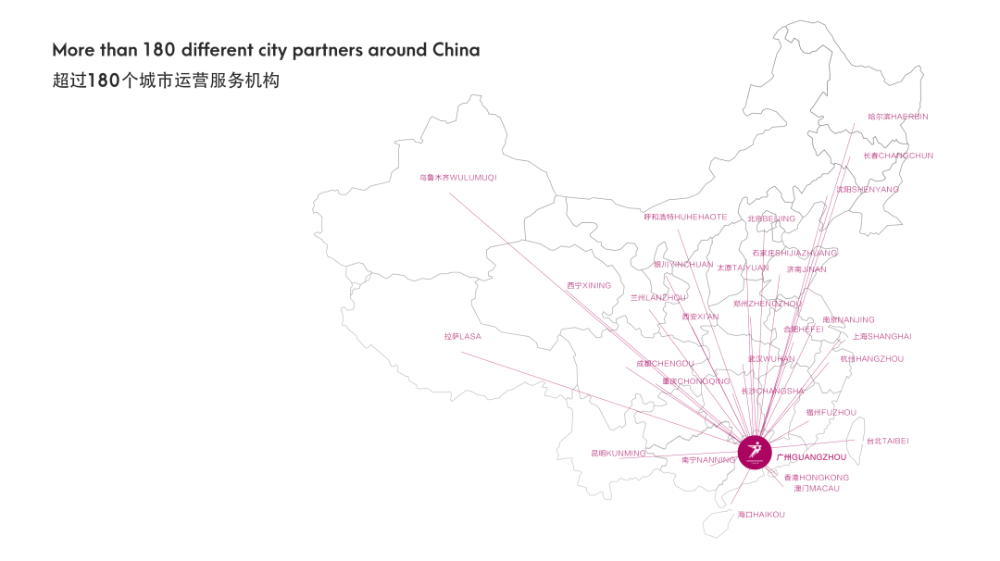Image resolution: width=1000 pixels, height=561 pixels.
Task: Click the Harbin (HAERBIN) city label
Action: pos(897,117)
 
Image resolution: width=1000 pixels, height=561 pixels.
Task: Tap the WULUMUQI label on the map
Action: pos(457,177)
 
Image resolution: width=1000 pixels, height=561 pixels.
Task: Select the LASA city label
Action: pos(462,337)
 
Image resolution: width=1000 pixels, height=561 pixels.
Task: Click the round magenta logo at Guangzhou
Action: pos(755,451)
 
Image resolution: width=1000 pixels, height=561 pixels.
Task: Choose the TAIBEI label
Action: pos(887,441)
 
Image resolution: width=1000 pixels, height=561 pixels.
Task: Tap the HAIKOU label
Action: pos(761,514)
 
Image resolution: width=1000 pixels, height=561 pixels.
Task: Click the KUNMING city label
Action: pos(618,454)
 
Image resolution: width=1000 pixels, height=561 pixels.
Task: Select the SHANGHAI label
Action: pos(881,336)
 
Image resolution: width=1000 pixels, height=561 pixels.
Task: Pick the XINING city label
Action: pos(589,285)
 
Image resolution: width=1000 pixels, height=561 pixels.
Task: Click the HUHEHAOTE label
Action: pos(685,217)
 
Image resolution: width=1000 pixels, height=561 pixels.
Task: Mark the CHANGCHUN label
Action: pos(898,156)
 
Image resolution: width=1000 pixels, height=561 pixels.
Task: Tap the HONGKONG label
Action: pos(816,478)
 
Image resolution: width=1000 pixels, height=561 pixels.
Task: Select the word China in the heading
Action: pos(456,50)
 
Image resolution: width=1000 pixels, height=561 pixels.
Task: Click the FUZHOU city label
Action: pos(831,412)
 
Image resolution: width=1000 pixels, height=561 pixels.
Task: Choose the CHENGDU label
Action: pos(665,364)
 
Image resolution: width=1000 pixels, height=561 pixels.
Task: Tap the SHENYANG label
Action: pos(868,189)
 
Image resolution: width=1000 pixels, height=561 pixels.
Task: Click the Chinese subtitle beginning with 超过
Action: pos(166,81)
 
